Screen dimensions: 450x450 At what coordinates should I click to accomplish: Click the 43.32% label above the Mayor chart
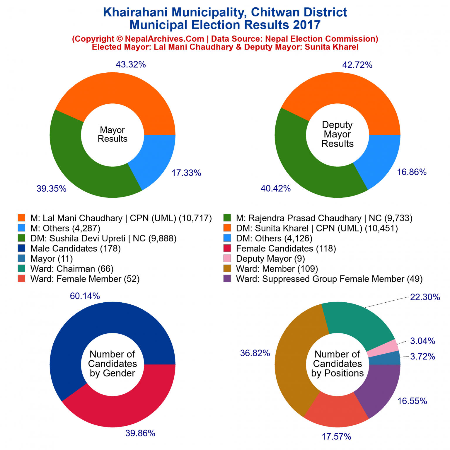point(131,64)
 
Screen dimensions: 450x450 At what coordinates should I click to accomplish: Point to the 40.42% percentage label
point(275,188)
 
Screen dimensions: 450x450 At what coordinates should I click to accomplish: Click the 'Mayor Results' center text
point(112,134)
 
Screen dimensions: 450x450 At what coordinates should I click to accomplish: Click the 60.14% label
point(85,296)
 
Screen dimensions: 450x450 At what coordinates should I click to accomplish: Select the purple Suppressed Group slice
point(381,387)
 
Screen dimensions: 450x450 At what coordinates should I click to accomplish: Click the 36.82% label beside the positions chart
point(255,353)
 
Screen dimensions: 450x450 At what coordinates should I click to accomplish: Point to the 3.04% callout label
point(422,341)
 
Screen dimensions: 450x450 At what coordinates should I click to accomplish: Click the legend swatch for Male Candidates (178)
point(21,248)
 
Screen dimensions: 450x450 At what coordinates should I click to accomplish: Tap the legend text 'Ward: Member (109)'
point(277,269)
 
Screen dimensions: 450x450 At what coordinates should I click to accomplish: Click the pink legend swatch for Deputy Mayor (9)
point(227,258)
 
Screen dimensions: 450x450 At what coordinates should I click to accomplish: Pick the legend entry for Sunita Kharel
point(317,228)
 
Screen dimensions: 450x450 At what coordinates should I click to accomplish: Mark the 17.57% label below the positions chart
point(336,437)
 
